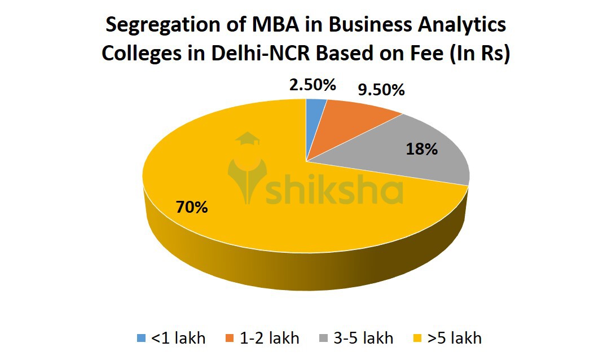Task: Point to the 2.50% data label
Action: click(312, 86)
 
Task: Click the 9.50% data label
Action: click(382, 90)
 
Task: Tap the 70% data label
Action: click(192, 207)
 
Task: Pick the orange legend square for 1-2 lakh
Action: click(230, 339)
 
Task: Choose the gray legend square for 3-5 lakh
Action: click(324, 339)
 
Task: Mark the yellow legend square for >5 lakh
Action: click(417, 339)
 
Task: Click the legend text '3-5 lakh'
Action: click(363, 339)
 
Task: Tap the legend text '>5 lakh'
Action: click(455, 339)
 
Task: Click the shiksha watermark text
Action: click(334, 191)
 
